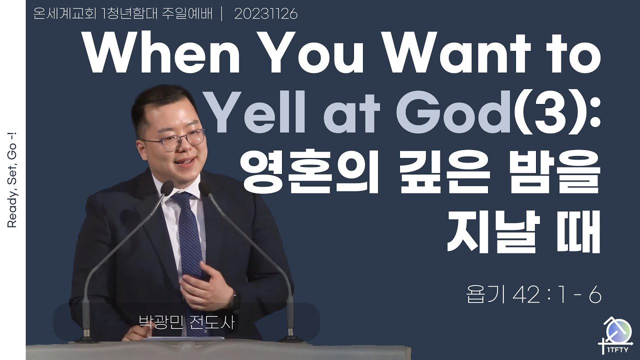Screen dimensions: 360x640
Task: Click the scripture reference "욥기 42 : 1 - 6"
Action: coord(533,295)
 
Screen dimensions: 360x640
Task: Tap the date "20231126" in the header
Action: coord(266,14)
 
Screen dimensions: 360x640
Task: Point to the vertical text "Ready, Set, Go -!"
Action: coord(12,179)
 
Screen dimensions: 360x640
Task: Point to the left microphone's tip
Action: coord(167,187)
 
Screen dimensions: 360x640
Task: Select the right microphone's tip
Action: coord(203,188)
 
